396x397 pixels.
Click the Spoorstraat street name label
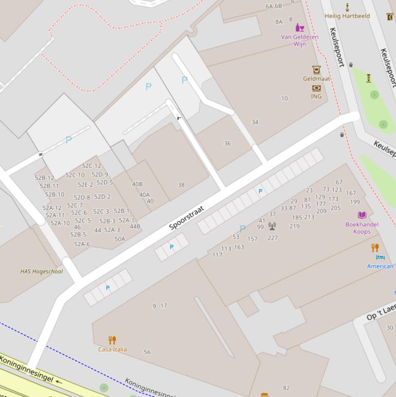[x=187, y=218]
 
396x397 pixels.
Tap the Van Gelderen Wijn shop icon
[x=300, y=28]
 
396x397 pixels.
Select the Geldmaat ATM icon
[x=316, y=70]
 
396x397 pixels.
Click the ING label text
[x=316, y=96]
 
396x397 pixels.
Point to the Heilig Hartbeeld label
[x=347, y=16]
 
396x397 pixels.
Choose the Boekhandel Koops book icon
[x=362, y=215]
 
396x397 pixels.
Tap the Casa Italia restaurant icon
[x=112, y=340]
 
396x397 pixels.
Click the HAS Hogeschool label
[x=42, y=271]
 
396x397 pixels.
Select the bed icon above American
[x=380, y=257]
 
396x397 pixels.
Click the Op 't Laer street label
[x=381, y=312]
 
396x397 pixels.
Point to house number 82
[x=286, y=388]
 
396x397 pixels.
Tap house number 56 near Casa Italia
[x=147, y=352]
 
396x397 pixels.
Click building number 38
[x=181, y=185]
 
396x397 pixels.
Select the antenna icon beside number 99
[x=272, y=226]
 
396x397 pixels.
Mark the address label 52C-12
[x=91, y=166]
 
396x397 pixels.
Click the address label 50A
[x=119, y=239]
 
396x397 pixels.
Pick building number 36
[x=227, y=143]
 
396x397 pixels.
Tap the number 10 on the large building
[x=284, y=98]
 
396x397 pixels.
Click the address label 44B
[x=135, y=226]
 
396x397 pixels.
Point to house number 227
[x=272, y=238]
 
